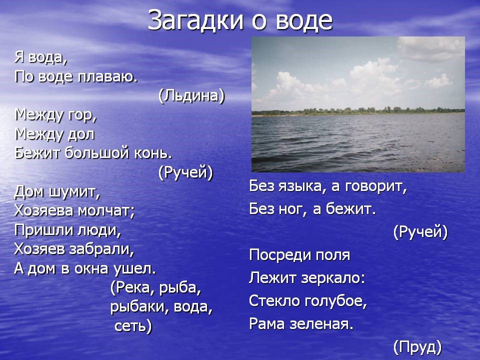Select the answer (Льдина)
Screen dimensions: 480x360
(x=191, y=96)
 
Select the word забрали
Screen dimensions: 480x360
(x=101, y=249)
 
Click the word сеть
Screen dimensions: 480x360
(x=133, y=326)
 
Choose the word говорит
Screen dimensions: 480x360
(x=376, y=186)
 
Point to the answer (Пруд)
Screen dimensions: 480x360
(x=417, y=347)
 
